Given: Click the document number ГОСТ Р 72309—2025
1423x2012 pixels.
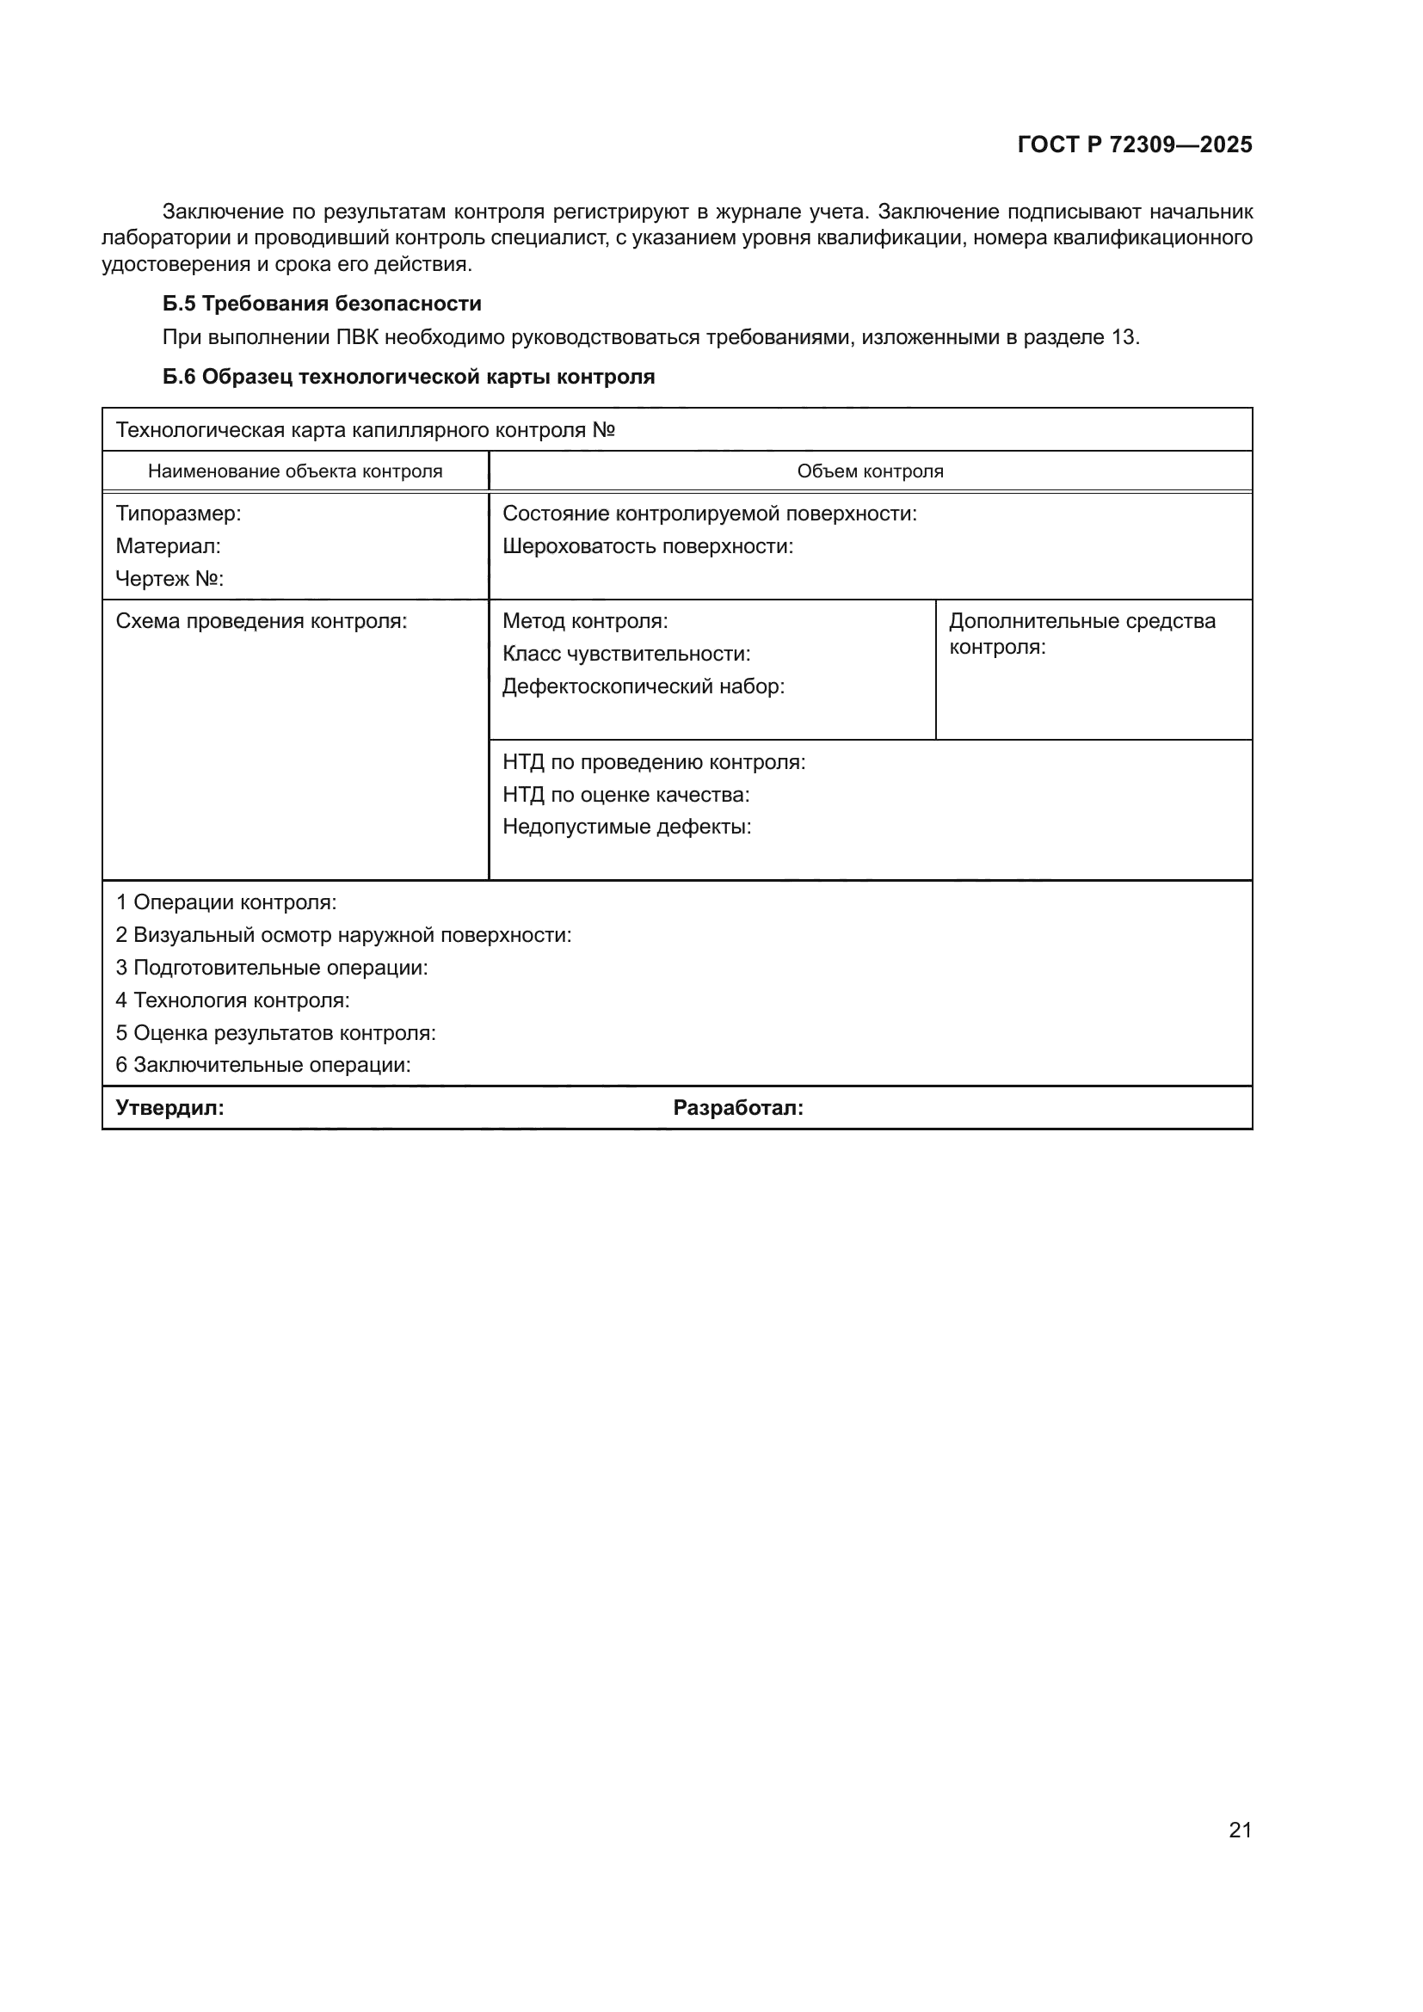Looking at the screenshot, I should [x=1134, y=145].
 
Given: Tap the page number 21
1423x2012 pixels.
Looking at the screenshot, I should [x=1240, y=1830].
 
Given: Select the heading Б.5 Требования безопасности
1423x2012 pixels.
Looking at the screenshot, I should [x=322, y=303].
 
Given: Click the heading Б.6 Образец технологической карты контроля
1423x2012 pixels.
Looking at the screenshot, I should [x=409, y=377].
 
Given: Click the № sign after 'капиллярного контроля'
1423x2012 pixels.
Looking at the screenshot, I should [x=604, y=430].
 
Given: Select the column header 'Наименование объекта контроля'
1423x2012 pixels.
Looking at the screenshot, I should [x=295, y=471].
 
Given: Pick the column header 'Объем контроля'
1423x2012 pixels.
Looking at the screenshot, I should [x=870, y=471].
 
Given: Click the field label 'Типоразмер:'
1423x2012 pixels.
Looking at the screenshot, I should [x=178, y=514].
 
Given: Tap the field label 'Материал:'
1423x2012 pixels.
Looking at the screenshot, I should [x=169, y=546].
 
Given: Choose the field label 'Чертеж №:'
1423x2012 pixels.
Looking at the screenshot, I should [x=170, y=578].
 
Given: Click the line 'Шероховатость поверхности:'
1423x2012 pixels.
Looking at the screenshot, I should [x=648, y=546].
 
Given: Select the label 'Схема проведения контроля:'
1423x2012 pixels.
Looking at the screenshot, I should [x=262, y=621].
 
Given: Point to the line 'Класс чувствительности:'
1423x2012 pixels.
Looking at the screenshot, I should [x=625, y=654].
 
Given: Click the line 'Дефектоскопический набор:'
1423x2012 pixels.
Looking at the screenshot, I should [x=644, y=686].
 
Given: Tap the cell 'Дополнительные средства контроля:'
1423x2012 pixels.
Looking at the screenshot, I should [x=1081, y=634].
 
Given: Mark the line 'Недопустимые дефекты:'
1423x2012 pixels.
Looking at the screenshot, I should [x=626, y=827].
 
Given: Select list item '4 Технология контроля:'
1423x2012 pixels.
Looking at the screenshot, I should [x=232, y=1000].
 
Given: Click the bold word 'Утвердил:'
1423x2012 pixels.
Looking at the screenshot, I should [x=170, y=1108].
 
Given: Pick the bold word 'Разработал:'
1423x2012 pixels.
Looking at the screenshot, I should [x=738, y=1108].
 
